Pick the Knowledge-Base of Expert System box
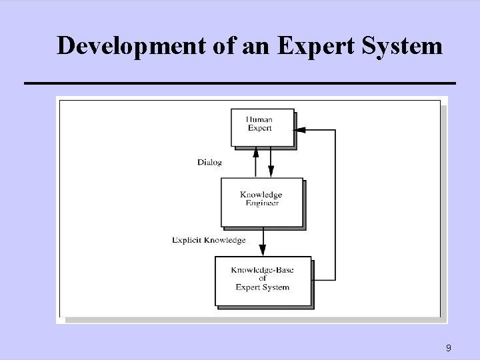263,279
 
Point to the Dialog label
209,162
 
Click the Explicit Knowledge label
209,240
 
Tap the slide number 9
449,347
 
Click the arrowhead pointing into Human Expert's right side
299,130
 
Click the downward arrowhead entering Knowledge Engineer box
271,172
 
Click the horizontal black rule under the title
239,83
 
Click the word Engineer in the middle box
262,203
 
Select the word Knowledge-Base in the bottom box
263,270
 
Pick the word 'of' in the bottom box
263,279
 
